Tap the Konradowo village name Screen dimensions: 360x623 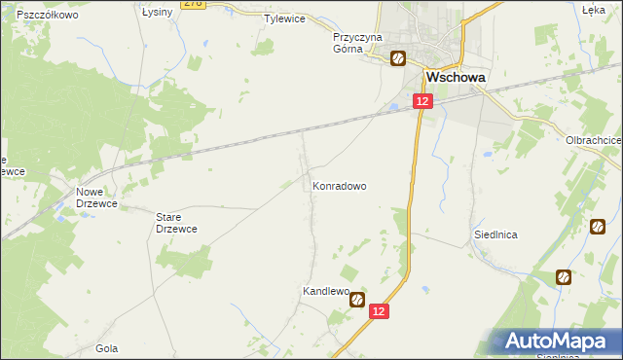pos(339,185)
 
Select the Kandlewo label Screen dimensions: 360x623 pos(325,291)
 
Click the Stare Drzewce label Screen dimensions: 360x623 pos(177,222)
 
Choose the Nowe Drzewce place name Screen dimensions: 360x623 pos(95,198)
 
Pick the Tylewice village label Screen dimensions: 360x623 pos(285,18)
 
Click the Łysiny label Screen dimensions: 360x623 pos(157,12)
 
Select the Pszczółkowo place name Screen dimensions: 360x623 pos(47,17)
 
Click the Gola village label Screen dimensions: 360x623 pos(107,347)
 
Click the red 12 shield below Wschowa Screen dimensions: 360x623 pos(421,101)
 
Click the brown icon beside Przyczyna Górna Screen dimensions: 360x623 pos(398,58)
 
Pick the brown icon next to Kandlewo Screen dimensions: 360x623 pos(357,301)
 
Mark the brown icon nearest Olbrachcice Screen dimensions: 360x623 pos(597,227)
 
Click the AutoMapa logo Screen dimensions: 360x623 pos(561,342)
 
